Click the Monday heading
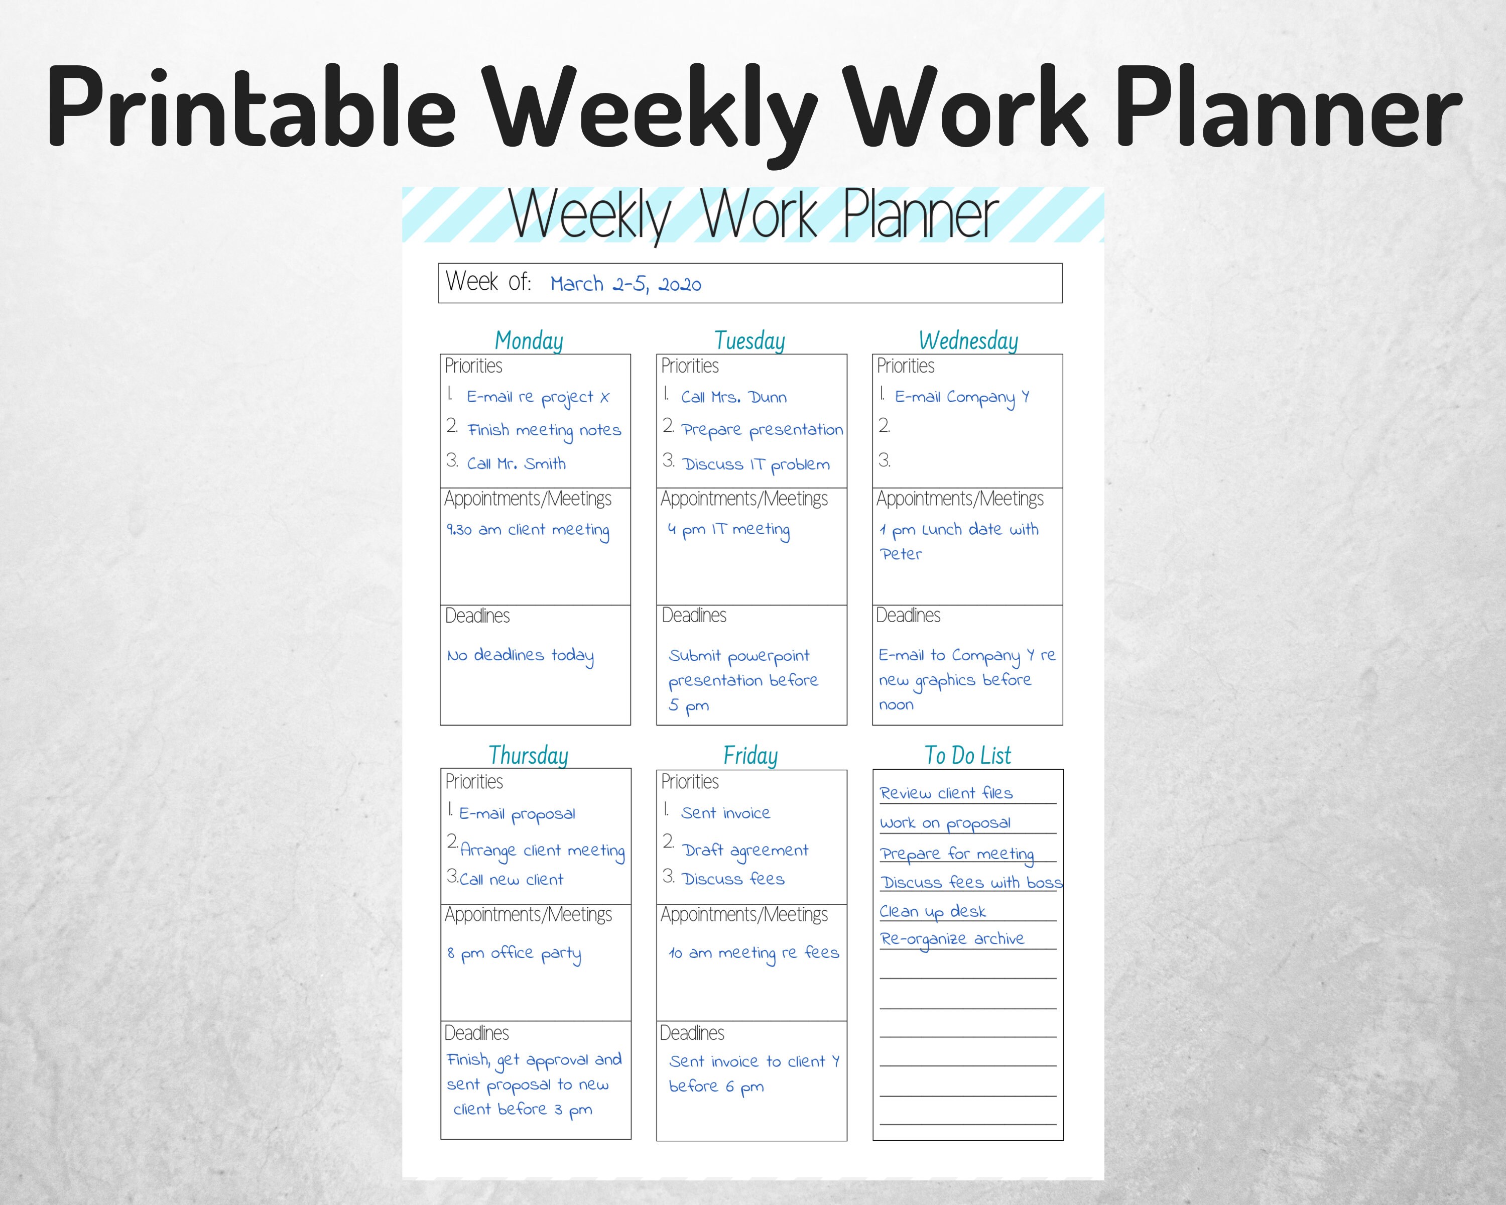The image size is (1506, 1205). (529, 341)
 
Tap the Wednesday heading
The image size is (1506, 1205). (968, 341)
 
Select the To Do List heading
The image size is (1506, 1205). (967, 755)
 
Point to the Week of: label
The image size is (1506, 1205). (488, 282)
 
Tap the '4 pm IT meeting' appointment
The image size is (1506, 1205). (728, 530)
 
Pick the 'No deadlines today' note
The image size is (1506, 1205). (521, 656)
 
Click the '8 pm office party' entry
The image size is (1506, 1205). (514, 953)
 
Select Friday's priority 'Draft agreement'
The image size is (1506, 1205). (745, 850)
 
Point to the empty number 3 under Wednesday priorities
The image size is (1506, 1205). (885, 460)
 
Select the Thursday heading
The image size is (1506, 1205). (528, 755)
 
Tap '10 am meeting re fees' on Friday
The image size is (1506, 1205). (754, 953)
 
